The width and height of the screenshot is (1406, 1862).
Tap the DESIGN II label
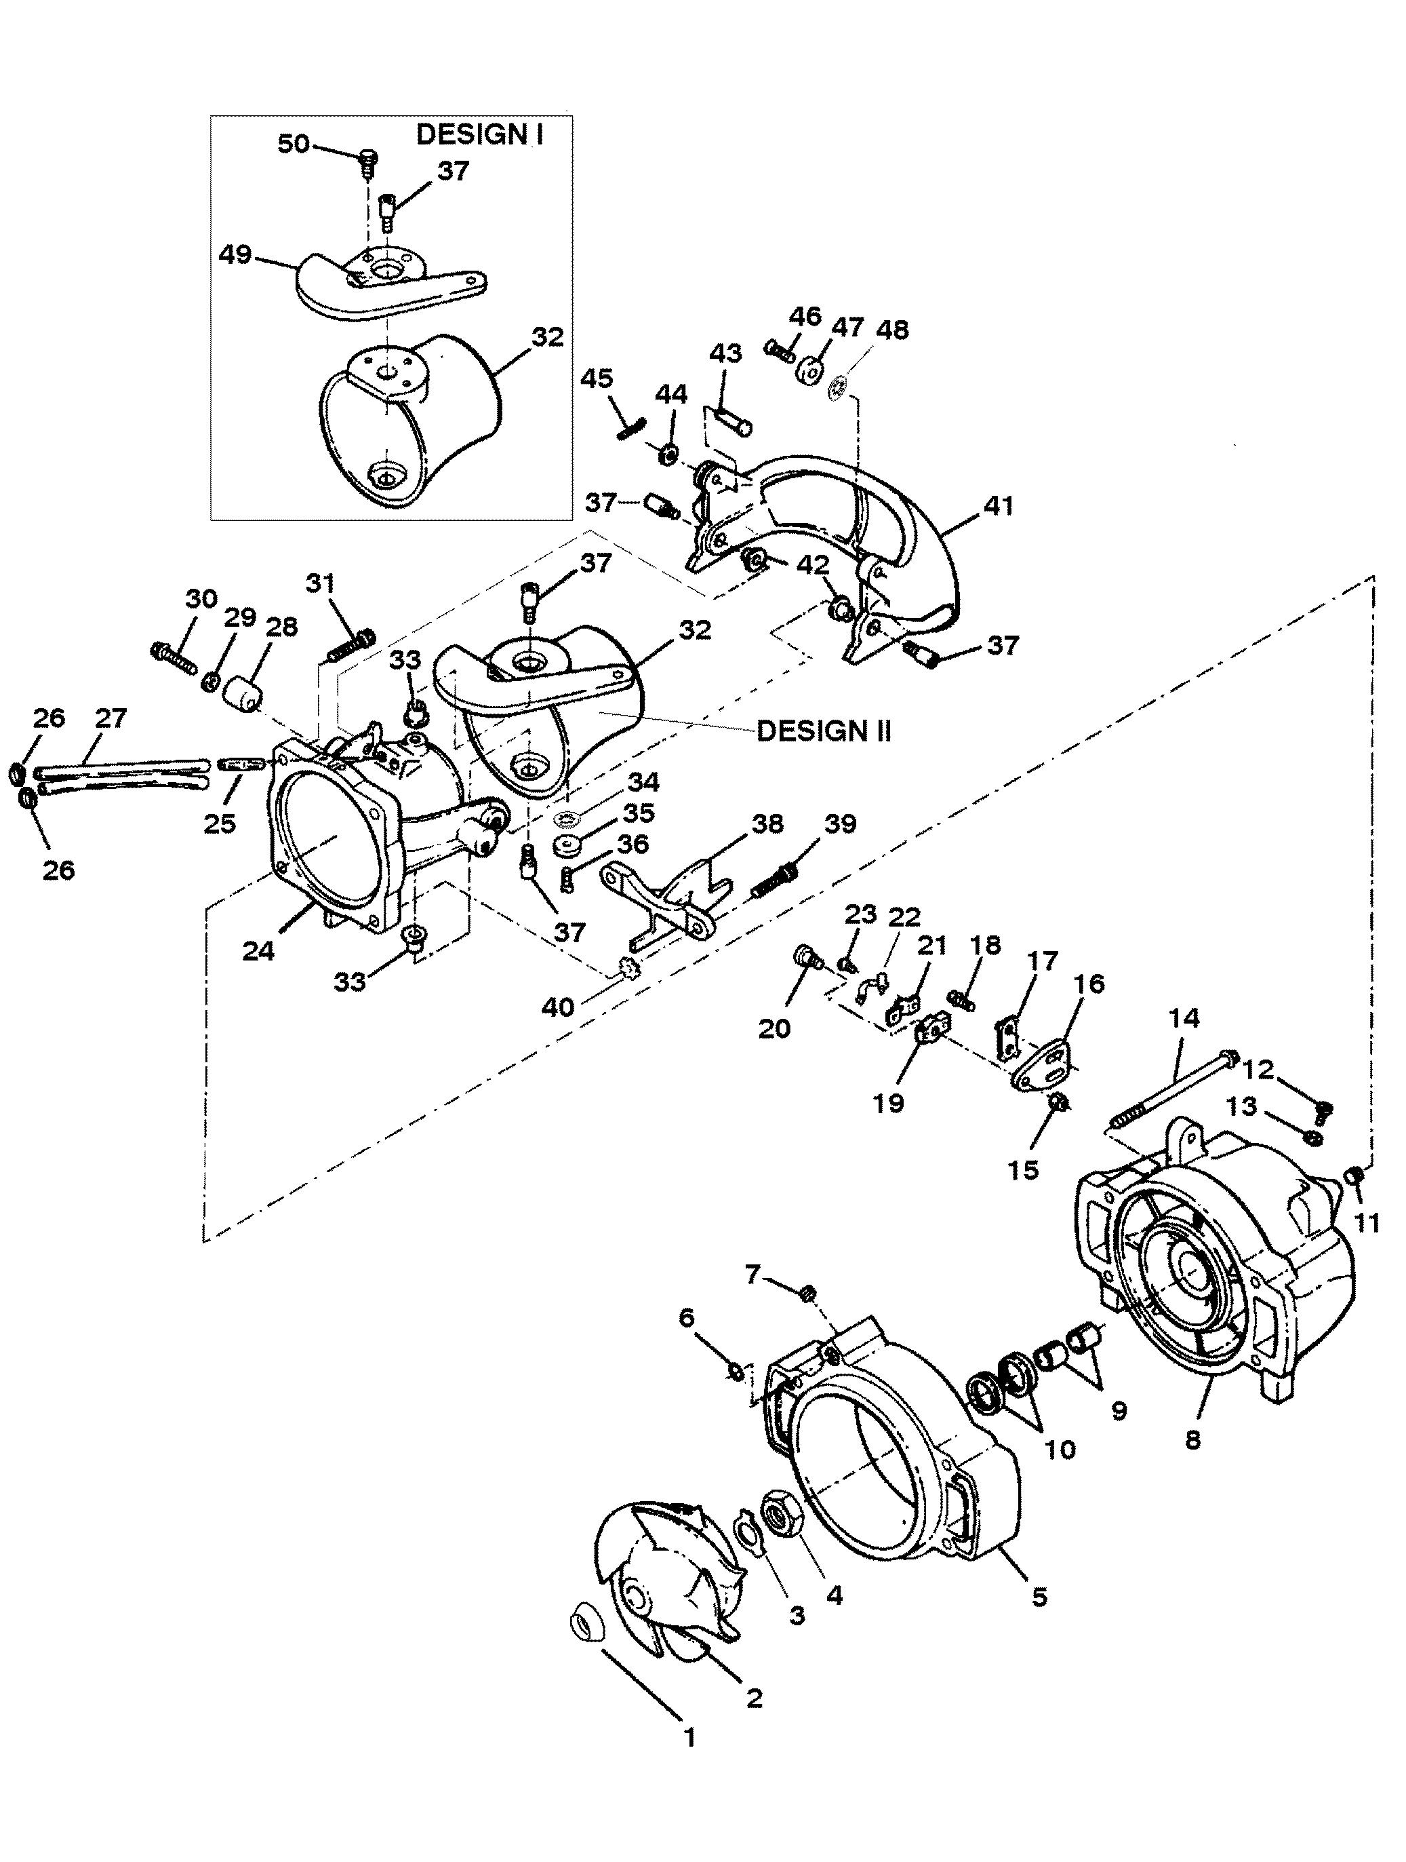(x=823, y=730)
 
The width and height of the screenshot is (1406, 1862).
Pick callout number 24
(x=258, y=952)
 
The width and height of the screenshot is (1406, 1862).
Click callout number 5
(x=1039, y=1597)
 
